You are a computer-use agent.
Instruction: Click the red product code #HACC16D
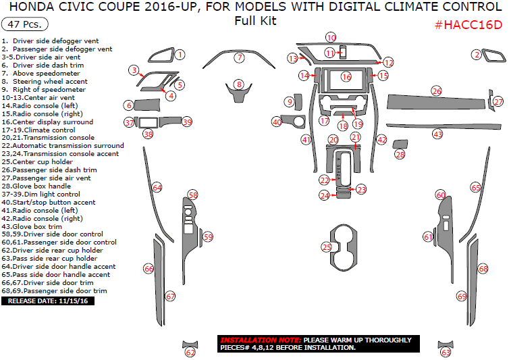(x=468, y=25)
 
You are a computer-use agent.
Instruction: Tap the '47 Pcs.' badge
(x=25, y=24)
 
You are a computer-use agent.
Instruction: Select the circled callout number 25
(x=327, y=247)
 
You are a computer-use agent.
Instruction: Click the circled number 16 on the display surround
(x=346, y=77)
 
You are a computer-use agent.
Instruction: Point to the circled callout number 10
(x=330, y=38)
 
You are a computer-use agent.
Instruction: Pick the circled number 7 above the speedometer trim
(x=239, y=58)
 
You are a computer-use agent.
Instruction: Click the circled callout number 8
(x=238, y=84)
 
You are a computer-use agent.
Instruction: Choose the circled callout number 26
(x=437, y=91)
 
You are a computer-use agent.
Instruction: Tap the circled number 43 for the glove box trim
(x=437, y=134)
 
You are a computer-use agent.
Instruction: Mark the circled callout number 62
(x=190, y=352)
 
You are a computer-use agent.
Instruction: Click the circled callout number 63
(x=446, y=352)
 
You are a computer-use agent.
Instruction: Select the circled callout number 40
(x=277, y=122)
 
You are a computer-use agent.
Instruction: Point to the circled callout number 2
(x=477, y=55)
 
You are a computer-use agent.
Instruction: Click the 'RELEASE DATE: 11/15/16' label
(x=48, y=301)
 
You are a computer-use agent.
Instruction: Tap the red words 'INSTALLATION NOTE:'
(x=260, y=340)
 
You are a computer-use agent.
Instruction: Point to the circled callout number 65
(x=476, y=187)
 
